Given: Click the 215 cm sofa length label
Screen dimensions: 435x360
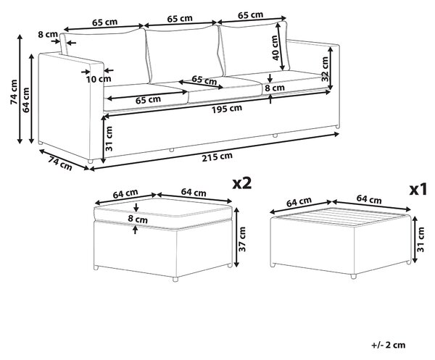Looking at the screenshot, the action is [217, 157].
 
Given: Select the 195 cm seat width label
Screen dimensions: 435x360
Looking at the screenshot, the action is [227, 109].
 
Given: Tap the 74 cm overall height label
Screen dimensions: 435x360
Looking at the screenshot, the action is [14, 92].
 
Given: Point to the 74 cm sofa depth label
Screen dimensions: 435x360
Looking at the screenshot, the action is [60, 164].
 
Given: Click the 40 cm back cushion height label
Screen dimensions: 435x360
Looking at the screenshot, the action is [275, 48].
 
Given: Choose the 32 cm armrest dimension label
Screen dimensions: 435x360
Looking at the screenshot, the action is [325, 69].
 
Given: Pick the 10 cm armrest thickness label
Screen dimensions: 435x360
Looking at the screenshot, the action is [99, 79].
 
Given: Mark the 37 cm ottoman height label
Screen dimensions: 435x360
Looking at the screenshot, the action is [242, 239].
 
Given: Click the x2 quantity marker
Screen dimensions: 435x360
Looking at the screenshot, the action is [242, 183].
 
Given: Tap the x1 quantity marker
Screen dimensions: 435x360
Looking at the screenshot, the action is [418, 190].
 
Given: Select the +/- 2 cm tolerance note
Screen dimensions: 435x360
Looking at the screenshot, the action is [389, 345].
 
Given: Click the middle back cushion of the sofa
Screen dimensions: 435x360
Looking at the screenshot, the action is [183, 54].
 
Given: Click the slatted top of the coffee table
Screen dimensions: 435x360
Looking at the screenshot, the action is [341, 217].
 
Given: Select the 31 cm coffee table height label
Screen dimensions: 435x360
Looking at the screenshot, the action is [420, 239].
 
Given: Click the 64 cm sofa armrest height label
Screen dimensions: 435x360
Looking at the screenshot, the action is [26, 100].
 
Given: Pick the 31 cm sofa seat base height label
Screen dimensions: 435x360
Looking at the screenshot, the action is [109, 138].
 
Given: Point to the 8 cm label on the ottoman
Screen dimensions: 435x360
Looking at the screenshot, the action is [138, 219].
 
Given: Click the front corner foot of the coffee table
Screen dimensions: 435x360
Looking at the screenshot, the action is [353, 276].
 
